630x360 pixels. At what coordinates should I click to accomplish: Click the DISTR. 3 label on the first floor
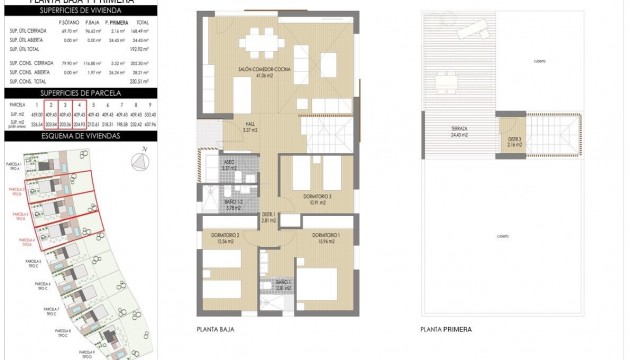(513, 141)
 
